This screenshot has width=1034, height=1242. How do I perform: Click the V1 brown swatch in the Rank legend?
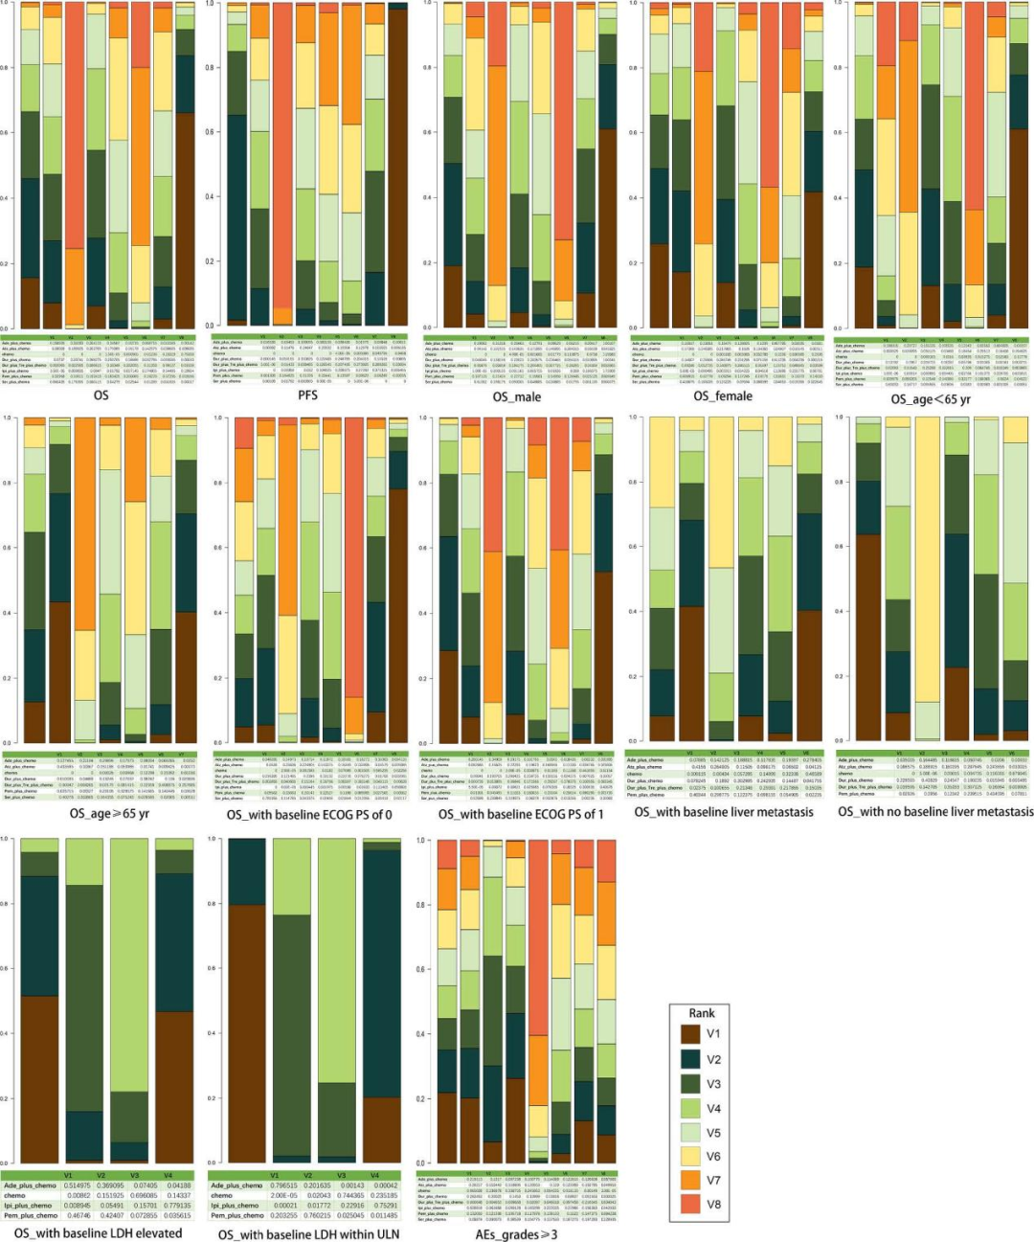click(x=690, y=1034)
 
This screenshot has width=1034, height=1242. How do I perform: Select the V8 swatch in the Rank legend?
click(x=690, y=1204)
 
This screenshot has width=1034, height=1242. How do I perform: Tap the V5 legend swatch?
click(x=690, y=1132)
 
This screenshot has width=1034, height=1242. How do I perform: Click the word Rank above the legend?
click(x=702, y=1013)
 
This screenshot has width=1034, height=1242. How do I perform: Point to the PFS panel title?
click(x=307, y=395)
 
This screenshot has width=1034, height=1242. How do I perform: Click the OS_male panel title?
click(x=516, y=396)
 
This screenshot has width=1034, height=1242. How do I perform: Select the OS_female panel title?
click(x=723, y=396)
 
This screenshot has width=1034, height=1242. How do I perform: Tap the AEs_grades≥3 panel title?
click(x=516, y=1233)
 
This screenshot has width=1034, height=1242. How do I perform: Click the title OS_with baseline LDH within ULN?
click(x=308, y=1233)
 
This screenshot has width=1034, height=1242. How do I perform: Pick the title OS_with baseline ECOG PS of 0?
click(x=309, y=814)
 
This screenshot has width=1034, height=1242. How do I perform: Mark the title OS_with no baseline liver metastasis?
click(x=935, y=811)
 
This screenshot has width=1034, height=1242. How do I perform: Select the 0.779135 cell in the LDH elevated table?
click(x=178, y=1206)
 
